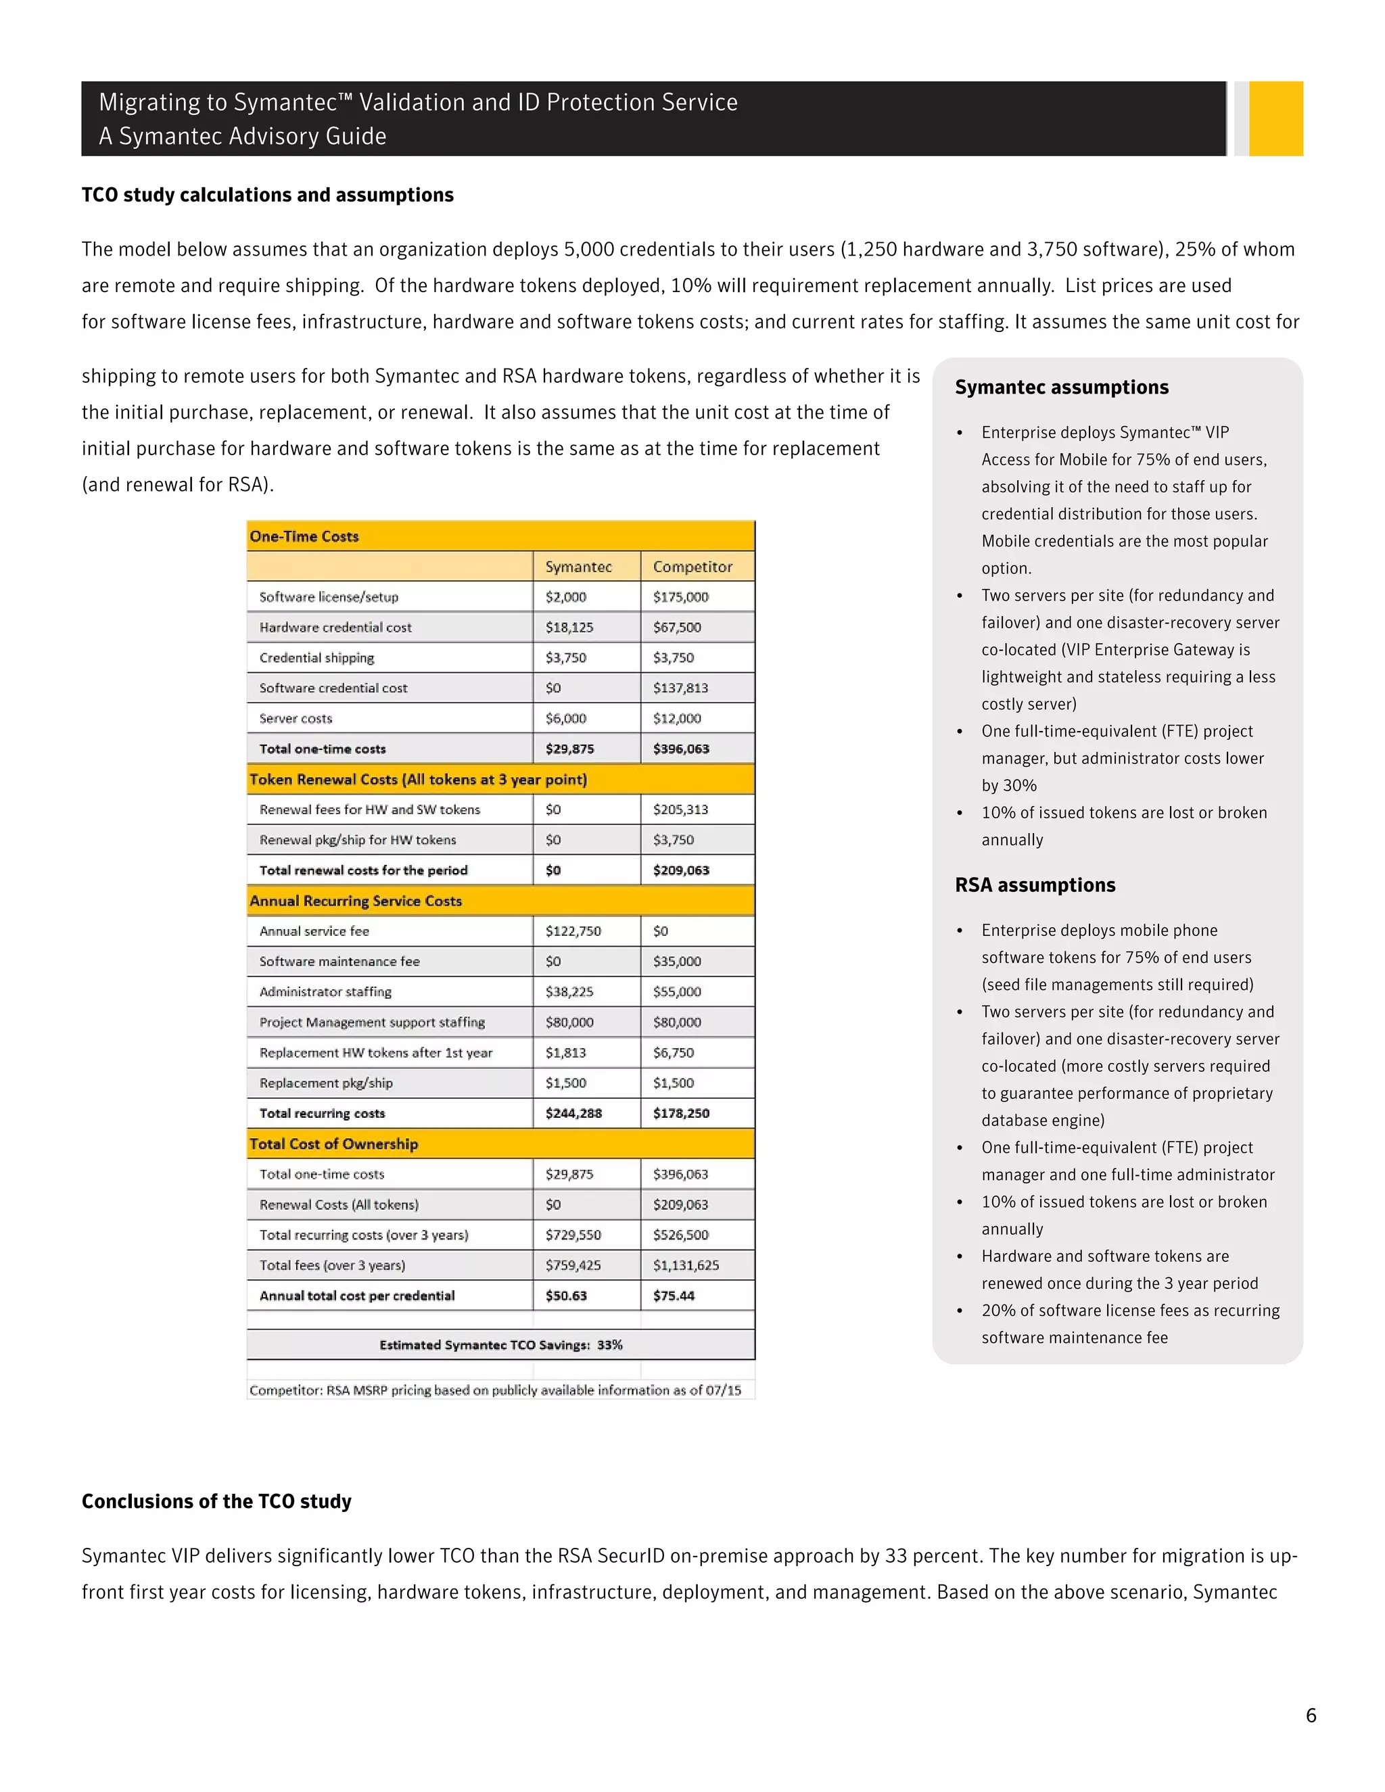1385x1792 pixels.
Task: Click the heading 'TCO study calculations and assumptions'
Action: [268, 195]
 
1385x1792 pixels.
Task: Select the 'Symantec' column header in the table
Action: [578, 567]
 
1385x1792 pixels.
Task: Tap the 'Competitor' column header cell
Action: [692, 567]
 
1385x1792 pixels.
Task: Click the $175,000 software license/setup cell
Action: [680, 597]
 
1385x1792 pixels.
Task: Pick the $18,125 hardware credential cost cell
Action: [569, 628]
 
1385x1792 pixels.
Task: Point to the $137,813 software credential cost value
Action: [680, 688]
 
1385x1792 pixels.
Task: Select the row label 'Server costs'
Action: [296, 719]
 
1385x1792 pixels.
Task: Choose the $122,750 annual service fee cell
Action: [573, 931]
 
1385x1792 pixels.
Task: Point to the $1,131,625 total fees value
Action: [686, 1265]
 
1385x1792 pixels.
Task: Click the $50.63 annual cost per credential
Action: [566, 1296]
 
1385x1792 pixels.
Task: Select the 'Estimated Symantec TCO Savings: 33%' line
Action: [500, 1345]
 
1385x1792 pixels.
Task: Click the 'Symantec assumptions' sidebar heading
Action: [1061, 387]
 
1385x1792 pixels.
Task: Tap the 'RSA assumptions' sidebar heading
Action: [1035, 885]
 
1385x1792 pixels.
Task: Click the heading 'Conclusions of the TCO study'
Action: [216, 1501]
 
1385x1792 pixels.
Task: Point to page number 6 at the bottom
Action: [1311, 1716]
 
